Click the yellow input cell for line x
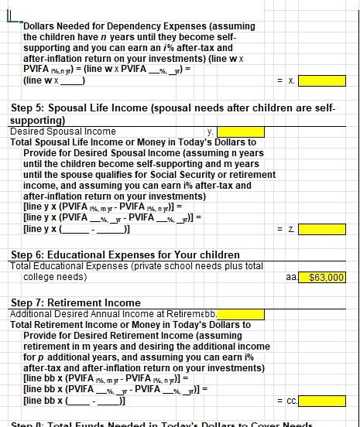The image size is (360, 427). click(x=324, y=80)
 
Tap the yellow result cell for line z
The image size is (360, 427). click(x=324, y=231)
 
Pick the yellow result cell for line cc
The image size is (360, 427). click(x=324, y=402)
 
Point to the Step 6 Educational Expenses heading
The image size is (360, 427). click(x=124, y=254)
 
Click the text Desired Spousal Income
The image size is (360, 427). click(x=62, y=132)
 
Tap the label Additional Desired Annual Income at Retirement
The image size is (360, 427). click(x=101, y=314)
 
